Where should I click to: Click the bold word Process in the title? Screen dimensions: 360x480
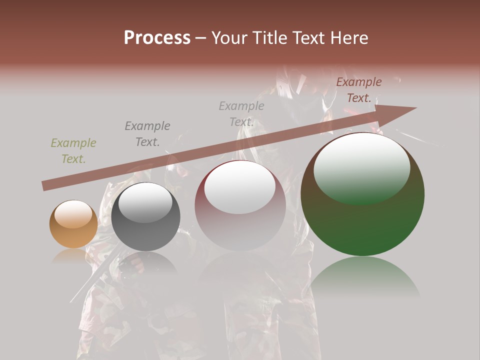(x=157, y=38)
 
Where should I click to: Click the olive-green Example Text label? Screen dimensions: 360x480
(x=73, y=151)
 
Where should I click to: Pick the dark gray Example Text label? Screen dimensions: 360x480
(x=147, y=134)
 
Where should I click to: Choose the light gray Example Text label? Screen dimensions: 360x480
(x=241, y=114)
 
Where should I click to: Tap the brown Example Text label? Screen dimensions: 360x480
(x=358, y=90)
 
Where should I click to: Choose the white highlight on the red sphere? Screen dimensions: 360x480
(x=240, y=186)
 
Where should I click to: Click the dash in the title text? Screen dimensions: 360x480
(x=201, y=38)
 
